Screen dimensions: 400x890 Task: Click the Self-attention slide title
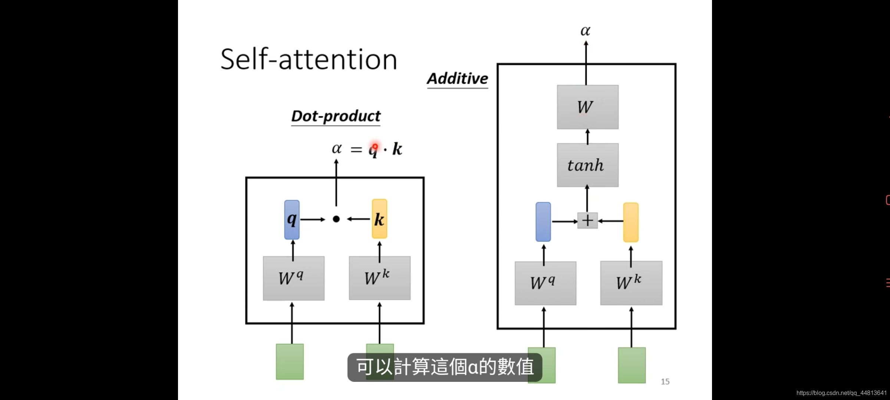click(309, 59)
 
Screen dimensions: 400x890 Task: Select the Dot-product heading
click(336, 116)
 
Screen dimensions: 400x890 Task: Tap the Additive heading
click(458, 79)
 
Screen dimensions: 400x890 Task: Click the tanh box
click(587, 165)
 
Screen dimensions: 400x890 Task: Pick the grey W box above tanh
click(587, 107)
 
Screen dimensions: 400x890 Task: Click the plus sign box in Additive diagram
click(587, 221)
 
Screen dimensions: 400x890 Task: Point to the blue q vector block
click(292, 220)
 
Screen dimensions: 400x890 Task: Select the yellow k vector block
click(379, 219)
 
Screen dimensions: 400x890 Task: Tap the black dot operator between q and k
click(336, 219)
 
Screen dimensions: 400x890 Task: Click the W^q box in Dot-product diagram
click(294, 278)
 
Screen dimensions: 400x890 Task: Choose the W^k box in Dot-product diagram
click(379, 278)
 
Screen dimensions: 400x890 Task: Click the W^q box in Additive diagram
click(545, 283)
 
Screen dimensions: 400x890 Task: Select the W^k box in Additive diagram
click(631, 283)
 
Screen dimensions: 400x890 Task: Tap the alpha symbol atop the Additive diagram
click(586, 31)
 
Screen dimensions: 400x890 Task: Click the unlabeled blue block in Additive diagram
click(543, 222)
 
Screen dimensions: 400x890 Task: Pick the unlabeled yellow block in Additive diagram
click(631, 222)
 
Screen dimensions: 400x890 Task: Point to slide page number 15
click(665, 381)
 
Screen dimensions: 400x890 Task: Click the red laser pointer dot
click(375, 147)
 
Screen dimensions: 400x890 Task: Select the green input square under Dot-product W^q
click(290, 361)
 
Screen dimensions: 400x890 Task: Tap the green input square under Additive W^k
click(632, 365)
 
